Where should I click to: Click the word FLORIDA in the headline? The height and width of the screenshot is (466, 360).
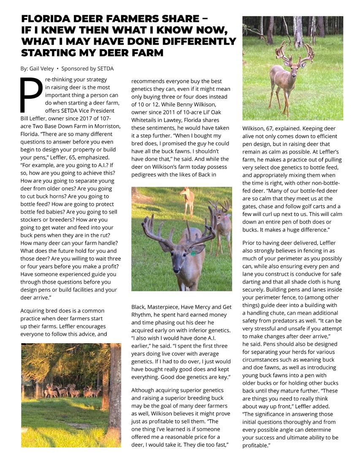[x=44, y=19]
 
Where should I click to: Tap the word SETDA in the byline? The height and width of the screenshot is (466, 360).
[x=105, y=68]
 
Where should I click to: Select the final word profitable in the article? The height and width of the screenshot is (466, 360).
[x=255, y=445]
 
